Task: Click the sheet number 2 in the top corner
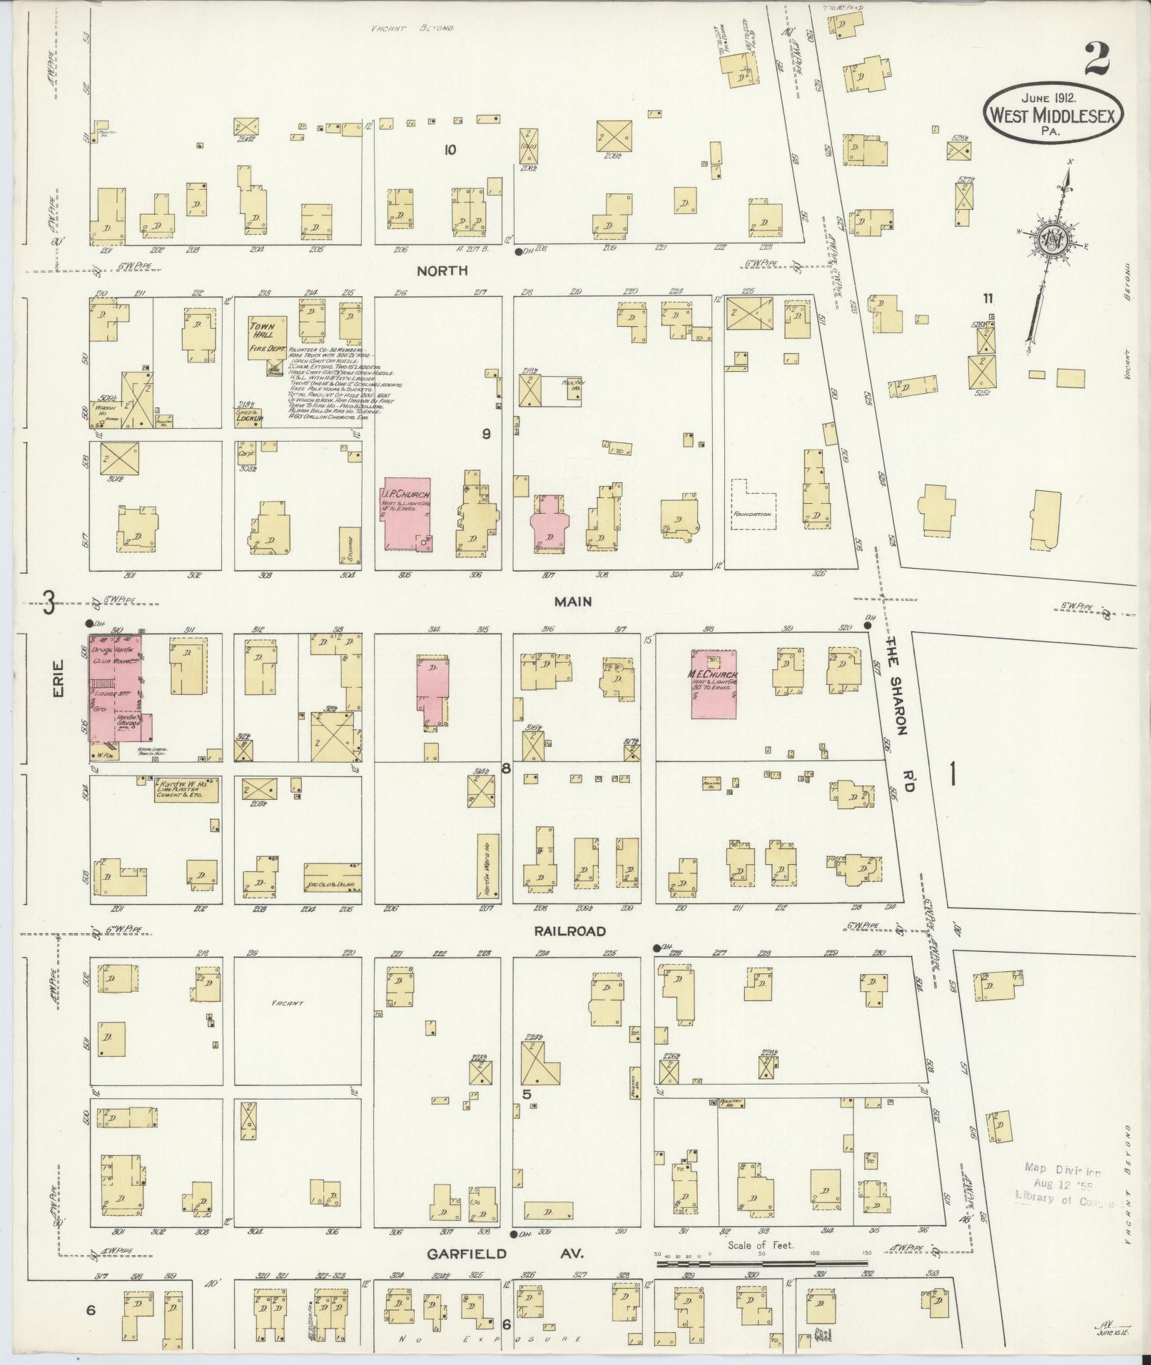coord(1097,59)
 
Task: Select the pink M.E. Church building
coord(714,683)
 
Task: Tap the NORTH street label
coord(442,271)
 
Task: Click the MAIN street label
coord(573,602)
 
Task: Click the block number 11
coord(988,298)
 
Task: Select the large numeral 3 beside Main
coord(49,604)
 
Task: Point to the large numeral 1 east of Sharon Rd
coord(953,774)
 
